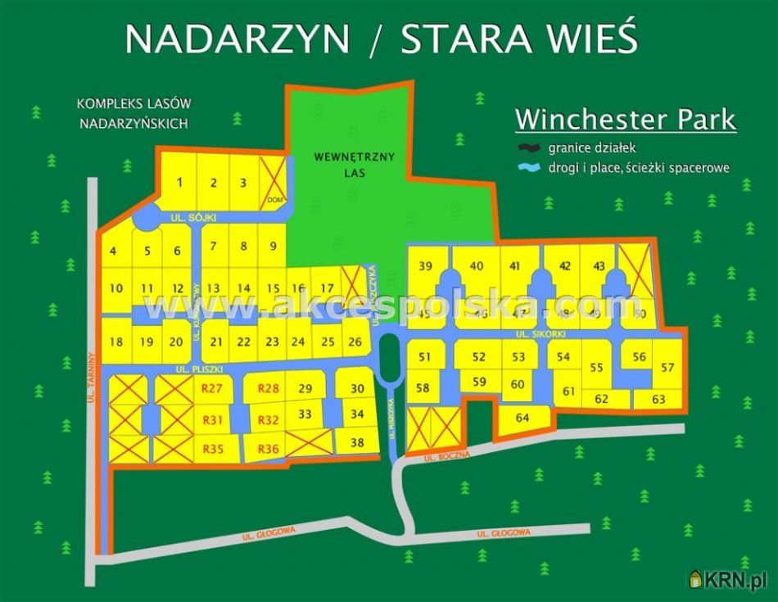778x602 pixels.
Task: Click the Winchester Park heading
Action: tap(625, 120)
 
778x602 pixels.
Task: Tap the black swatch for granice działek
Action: tap(529, 148)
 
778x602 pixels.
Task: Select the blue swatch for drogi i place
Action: tap(529, 167)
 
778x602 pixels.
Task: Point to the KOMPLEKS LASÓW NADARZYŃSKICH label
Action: tap(133, 114)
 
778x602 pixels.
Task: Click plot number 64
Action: tap(522, 418)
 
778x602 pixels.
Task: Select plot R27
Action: tap(212, 388)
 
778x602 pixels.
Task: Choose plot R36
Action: tap(269, 449)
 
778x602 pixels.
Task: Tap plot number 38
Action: tap(357, 442)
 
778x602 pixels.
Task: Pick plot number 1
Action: tap(179, 182)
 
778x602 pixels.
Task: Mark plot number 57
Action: tap(668, 368)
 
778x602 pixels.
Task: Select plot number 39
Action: tap(425, 265)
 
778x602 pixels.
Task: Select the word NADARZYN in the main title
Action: tap(238, 38)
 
